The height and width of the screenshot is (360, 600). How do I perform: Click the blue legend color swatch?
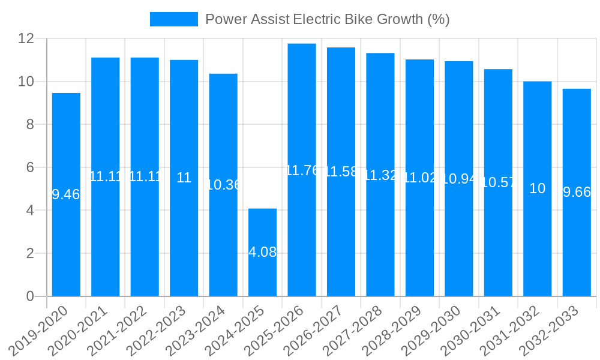[x=173, y=19]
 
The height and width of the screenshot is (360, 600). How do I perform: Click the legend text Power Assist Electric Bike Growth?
[x=327, y=19]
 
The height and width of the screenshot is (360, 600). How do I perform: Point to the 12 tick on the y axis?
[x=26, y=38]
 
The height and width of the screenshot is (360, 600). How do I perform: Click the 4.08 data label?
[x=262, y=252]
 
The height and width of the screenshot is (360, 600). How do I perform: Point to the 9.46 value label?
[x=66, y=194]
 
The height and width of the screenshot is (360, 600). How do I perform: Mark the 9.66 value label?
[x=577, y=192]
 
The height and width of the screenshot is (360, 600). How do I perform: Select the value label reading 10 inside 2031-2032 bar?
[x=538, y=188]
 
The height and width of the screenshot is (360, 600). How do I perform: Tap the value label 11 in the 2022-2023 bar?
[x=184, y=178]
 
